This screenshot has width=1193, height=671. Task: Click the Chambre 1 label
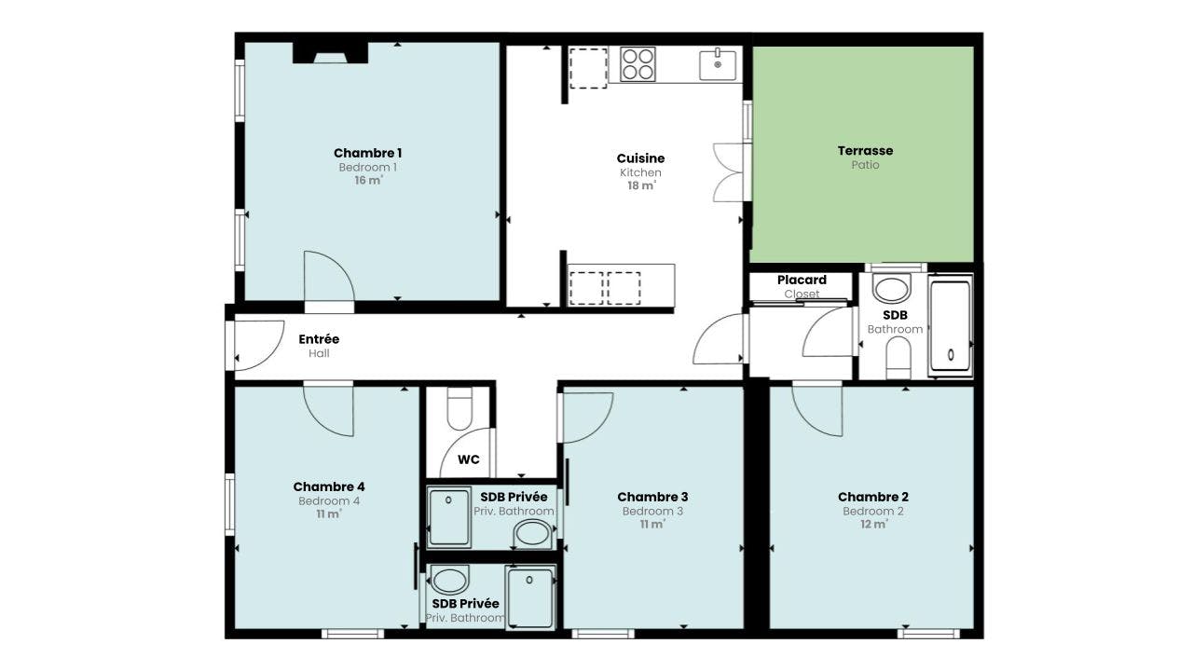point(367,153)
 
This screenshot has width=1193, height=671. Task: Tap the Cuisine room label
point(640,158)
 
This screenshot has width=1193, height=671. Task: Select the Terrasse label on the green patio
point(865,150)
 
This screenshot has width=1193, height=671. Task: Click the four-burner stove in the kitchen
point(638,64)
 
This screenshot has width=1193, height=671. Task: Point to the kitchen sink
point(718,65)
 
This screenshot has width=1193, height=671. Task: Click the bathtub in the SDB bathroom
point(951,326)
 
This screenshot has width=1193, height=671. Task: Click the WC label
point(468,459)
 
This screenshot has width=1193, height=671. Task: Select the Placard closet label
point(802,280)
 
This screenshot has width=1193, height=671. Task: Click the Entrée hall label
point(319,339)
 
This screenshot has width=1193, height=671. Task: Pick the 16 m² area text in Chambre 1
point(367,181)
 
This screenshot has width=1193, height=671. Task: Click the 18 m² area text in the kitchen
point(640,185)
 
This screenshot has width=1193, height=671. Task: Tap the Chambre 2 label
point(872,497)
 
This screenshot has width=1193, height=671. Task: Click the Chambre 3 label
point(652,497)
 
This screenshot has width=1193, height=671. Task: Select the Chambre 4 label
point(329,486)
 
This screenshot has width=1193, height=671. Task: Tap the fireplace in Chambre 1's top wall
point(330,53)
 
